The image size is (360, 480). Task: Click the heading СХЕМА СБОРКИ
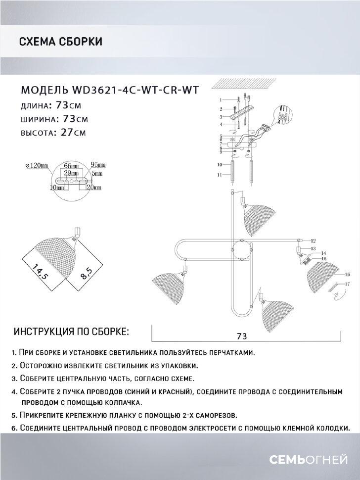[60, 42]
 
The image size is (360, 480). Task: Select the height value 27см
[73, 132]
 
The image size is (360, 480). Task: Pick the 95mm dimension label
[99, 166]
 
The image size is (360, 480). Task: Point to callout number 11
[221, 175]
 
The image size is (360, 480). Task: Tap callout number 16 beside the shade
[347, 274]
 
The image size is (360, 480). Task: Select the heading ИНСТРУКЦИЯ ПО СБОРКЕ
[72, 331]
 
